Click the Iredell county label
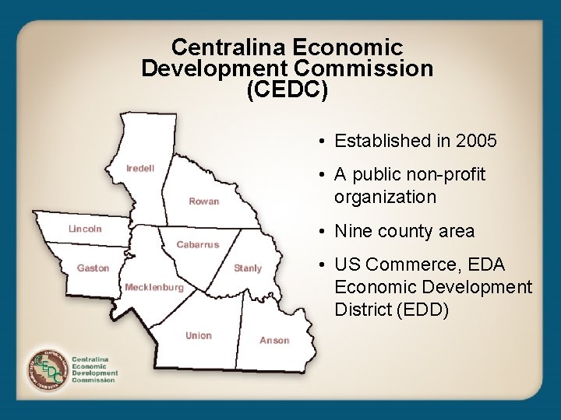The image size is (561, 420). point(140,168)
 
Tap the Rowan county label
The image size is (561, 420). point(203,201)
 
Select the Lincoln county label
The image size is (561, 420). point(85,229)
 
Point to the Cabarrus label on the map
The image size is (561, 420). point(197,244)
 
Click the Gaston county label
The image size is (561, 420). point(93,268)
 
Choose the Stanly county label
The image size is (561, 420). point(248,268)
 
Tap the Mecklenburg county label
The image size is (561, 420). point(154,287)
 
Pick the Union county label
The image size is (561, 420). point(199,335)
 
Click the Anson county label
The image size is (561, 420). point(274,340)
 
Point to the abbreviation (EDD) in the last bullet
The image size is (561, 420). point(422,310)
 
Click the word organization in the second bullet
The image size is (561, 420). point(385,197)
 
